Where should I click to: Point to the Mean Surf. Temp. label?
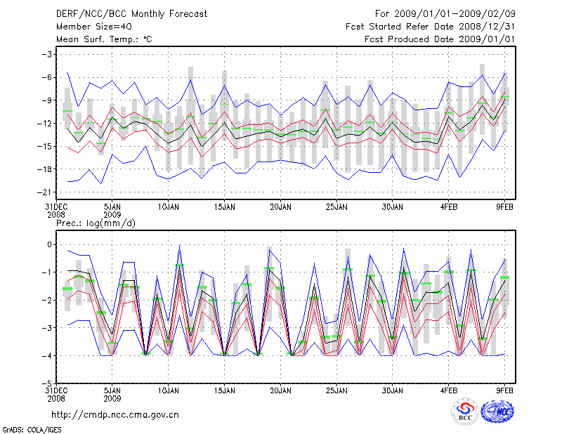coord(104,39)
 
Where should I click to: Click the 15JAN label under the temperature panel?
coord(224,206)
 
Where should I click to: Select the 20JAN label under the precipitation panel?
coord(280,388)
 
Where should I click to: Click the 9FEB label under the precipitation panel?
coord(504,388)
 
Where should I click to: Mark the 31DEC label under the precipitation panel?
coord(56,388)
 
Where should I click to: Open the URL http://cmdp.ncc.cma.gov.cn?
coord(116,414)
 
